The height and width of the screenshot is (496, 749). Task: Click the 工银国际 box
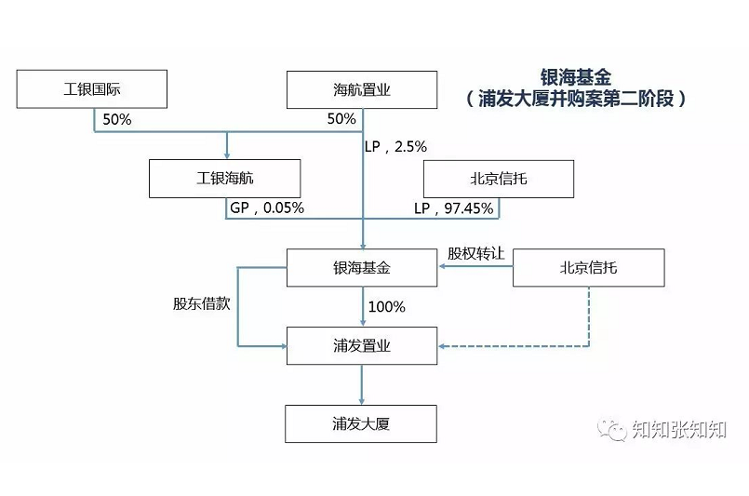[x=92, y=89]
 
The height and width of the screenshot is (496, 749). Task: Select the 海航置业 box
[x=362, y=90]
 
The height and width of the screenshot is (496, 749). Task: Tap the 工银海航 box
[x=224, y=179]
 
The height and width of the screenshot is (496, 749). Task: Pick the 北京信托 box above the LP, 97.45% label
[x=499, y=179]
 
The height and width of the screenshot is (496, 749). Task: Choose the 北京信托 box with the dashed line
[x=588, y=268]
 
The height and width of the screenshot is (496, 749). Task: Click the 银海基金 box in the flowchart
[x=362, y=268]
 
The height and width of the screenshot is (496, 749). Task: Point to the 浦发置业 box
[x=362, y=346]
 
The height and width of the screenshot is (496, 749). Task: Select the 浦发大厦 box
[x=361, y=423]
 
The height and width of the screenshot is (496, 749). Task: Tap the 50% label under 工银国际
[x=117, y=119]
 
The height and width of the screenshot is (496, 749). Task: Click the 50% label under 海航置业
[x=341, y=119]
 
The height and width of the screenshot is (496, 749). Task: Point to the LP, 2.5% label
[x=395, y=147]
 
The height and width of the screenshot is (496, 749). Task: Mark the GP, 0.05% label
[x=267, y=208]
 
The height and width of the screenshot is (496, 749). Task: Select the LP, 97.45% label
[x=454, y=208]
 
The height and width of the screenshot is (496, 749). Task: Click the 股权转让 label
[x=475, y=253]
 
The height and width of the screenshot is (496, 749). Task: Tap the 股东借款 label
[x=202, y=303]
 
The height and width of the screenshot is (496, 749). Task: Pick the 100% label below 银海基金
[x=387, y=307]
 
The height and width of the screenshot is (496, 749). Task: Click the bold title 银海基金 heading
[x=576, y=77]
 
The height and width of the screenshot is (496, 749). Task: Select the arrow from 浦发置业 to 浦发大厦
[x=362, y=384]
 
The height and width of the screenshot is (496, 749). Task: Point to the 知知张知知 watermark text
[x=679, y=430]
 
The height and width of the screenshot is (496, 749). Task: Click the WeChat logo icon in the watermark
[x=612, y=430]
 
